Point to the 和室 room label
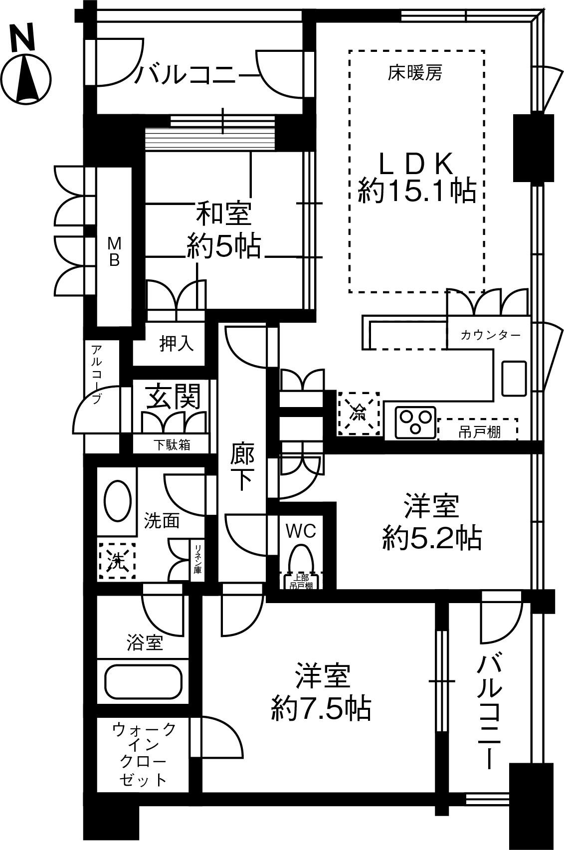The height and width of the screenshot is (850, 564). coord(223,213)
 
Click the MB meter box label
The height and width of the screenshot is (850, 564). coord(114,251)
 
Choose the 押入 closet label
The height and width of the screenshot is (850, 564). coord(177,343)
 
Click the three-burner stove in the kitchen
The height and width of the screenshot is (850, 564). coord(415,423)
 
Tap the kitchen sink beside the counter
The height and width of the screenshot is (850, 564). coord(514,379)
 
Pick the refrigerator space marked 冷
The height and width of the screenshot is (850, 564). coord(359,414)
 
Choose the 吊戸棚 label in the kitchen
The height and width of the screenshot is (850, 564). coord(479,432)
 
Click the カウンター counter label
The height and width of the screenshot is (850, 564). coord(490,335)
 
